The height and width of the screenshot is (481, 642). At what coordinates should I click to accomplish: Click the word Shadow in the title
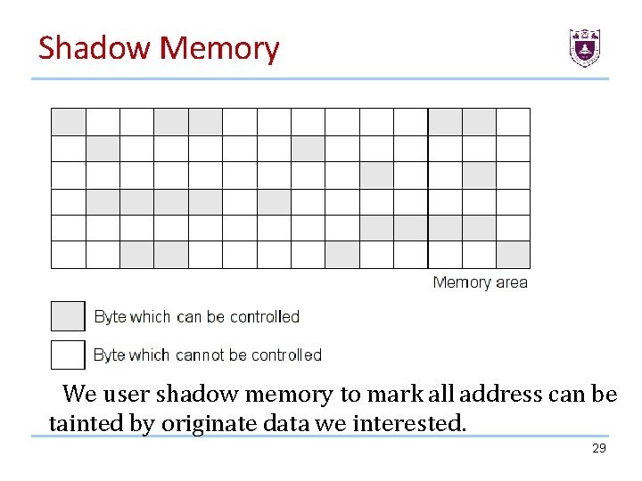[94, 47]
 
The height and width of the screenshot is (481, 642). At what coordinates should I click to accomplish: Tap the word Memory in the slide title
[219, 49]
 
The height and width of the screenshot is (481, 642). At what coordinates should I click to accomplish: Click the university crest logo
[585, 47]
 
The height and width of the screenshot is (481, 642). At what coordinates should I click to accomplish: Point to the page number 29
[598, 448]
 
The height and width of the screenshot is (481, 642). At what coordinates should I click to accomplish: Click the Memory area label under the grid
[480, 282]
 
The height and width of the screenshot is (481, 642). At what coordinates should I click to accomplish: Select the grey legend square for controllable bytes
[68, 316]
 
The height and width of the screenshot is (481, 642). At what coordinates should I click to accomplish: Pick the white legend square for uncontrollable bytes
[68, 355]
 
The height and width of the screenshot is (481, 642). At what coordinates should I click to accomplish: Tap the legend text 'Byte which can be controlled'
[196, 316]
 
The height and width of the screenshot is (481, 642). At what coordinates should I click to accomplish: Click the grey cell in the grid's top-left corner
[69, 122]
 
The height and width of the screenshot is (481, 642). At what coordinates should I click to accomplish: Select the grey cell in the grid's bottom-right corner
[513, 255]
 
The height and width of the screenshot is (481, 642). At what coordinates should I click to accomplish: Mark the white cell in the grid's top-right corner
[513, 122]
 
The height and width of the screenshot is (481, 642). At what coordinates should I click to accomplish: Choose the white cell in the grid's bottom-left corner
[69, 255]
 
